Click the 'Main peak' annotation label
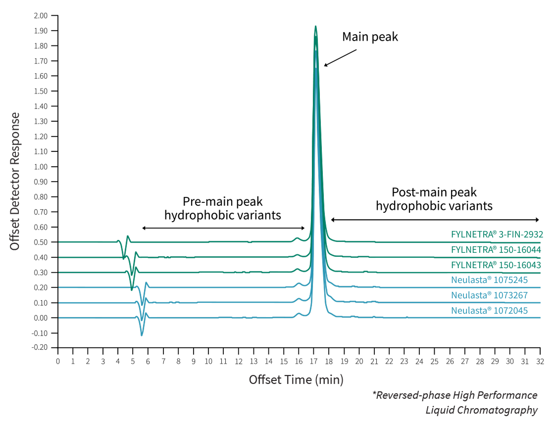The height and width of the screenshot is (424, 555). (x=370, y=37)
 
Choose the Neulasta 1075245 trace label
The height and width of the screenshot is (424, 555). (x=489, y=280)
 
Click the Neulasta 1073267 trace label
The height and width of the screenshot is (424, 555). (x=489, y=295)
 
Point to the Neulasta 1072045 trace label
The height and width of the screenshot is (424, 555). (x=489, y=311)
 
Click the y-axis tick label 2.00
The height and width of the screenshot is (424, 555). (x=41, y=16)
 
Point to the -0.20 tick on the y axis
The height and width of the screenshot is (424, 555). (x=40, y=348)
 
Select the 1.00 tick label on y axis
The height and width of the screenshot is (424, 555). (x=41, y=167)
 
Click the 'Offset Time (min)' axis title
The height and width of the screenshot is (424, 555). (x=296, y=380)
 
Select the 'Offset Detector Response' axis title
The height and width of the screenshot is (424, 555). (x=15, y=181)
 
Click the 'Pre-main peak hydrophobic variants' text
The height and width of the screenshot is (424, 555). (x=223, y=208)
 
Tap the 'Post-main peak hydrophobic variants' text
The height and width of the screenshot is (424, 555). (x=434, y=199)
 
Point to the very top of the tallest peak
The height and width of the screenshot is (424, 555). (x=315, y=26)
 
